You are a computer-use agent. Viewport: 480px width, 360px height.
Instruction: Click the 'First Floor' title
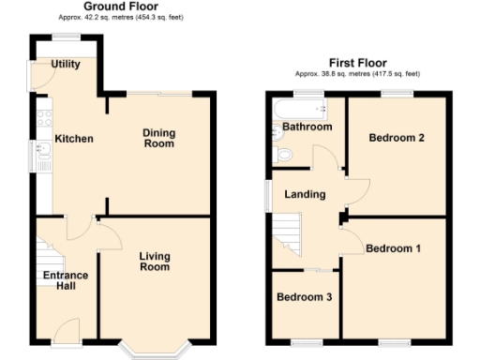tap(357, 63)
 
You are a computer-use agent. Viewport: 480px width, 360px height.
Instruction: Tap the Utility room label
tap(65, 65)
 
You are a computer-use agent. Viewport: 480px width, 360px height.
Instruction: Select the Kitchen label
tap(73, 139)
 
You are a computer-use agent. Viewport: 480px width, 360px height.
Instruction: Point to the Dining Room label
tap(158, 139)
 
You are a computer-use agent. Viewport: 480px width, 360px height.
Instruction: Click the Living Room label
tap(155, 262)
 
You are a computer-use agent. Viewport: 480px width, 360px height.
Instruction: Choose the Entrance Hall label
tap(65, 280)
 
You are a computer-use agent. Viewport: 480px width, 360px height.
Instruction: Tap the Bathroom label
tap(307, 127)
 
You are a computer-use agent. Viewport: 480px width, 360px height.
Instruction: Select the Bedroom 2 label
tap(396, 138)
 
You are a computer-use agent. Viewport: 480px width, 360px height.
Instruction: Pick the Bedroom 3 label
tap(303, 297)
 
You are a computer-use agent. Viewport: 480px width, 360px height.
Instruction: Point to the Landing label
tap(305, 194)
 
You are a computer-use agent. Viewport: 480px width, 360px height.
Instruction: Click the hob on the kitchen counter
tap(42, 119)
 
